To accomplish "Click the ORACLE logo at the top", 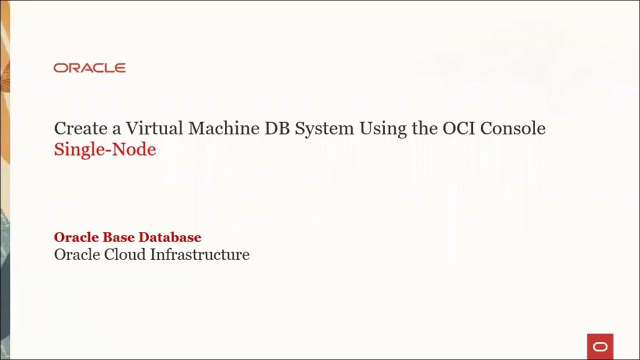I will pyautogui.click(x=89, y=68).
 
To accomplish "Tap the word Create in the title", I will pyautogui.click(x=81, y=128).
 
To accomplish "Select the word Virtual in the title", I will pyautogui.click(x=154, y=128).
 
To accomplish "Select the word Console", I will pyautogui.click(x=512, y=128).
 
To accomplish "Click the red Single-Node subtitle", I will pyautogui.click(x=105, y=149).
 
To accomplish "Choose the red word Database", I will pyautogui.click(x=170, y=237).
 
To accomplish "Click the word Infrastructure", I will pyautogui.click(x=200, y=254).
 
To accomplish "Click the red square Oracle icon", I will pyautogui.click(x=600, y=346).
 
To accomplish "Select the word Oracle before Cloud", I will pyautogui.click(x=76, y=254).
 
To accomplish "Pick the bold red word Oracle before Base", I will pyautogui.click(x=76, y=237).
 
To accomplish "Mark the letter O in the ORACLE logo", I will pyautogui.click(x=59, y=68).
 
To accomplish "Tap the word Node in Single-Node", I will pyautogui.click(x=136, y=149).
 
